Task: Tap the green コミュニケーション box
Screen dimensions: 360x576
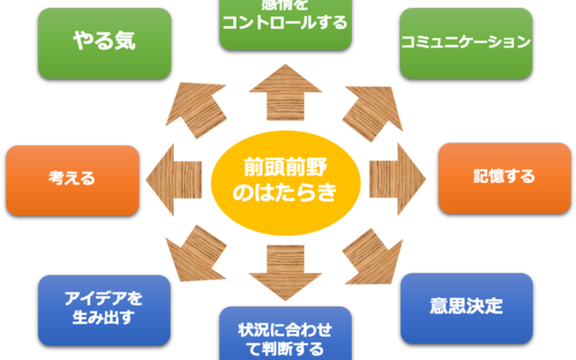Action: pyautogui.click(x=466, y=43)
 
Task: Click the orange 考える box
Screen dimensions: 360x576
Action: pyautogui.click(x=73, y=179)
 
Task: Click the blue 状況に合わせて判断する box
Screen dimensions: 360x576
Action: pyautogui.click(x=285, y=335)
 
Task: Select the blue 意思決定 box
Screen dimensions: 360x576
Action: pyautogui.click(x=466, y=308)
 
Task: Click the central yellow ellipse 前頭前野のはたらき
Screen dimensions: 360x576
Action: pyautogui.click(x=285, y=179)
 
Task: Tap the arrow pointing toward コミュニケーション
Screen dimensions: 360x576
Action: pyautogui.click(x=373, y=112)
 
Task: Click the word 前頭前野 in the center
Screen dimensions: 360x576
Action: pyautogui.click(x=285, y=166)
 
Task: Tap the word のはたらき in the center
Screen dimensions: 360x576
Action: pyautogui.click(x=285, y=192)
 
